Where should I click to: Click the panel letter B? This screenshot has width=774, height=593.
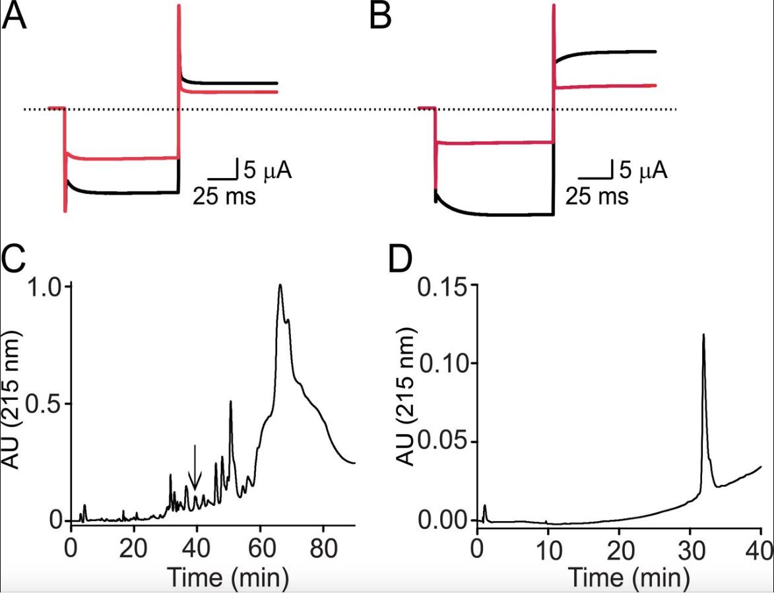(x=381, y=16)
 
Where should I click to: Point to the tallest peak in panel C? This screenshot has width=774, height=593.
(x=280, y=286)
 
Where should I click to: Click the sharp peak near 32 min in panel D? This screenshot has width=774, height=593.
(x=703, y=336)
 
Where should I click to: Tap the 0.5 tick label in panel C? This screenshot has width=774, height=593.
(x=44, y=404)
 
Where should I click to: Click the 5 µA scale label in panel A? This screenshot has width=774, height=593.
(x=267, y=171)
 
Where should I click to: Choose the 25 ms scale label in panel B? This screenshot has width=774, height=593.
(x=597, y=197)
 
